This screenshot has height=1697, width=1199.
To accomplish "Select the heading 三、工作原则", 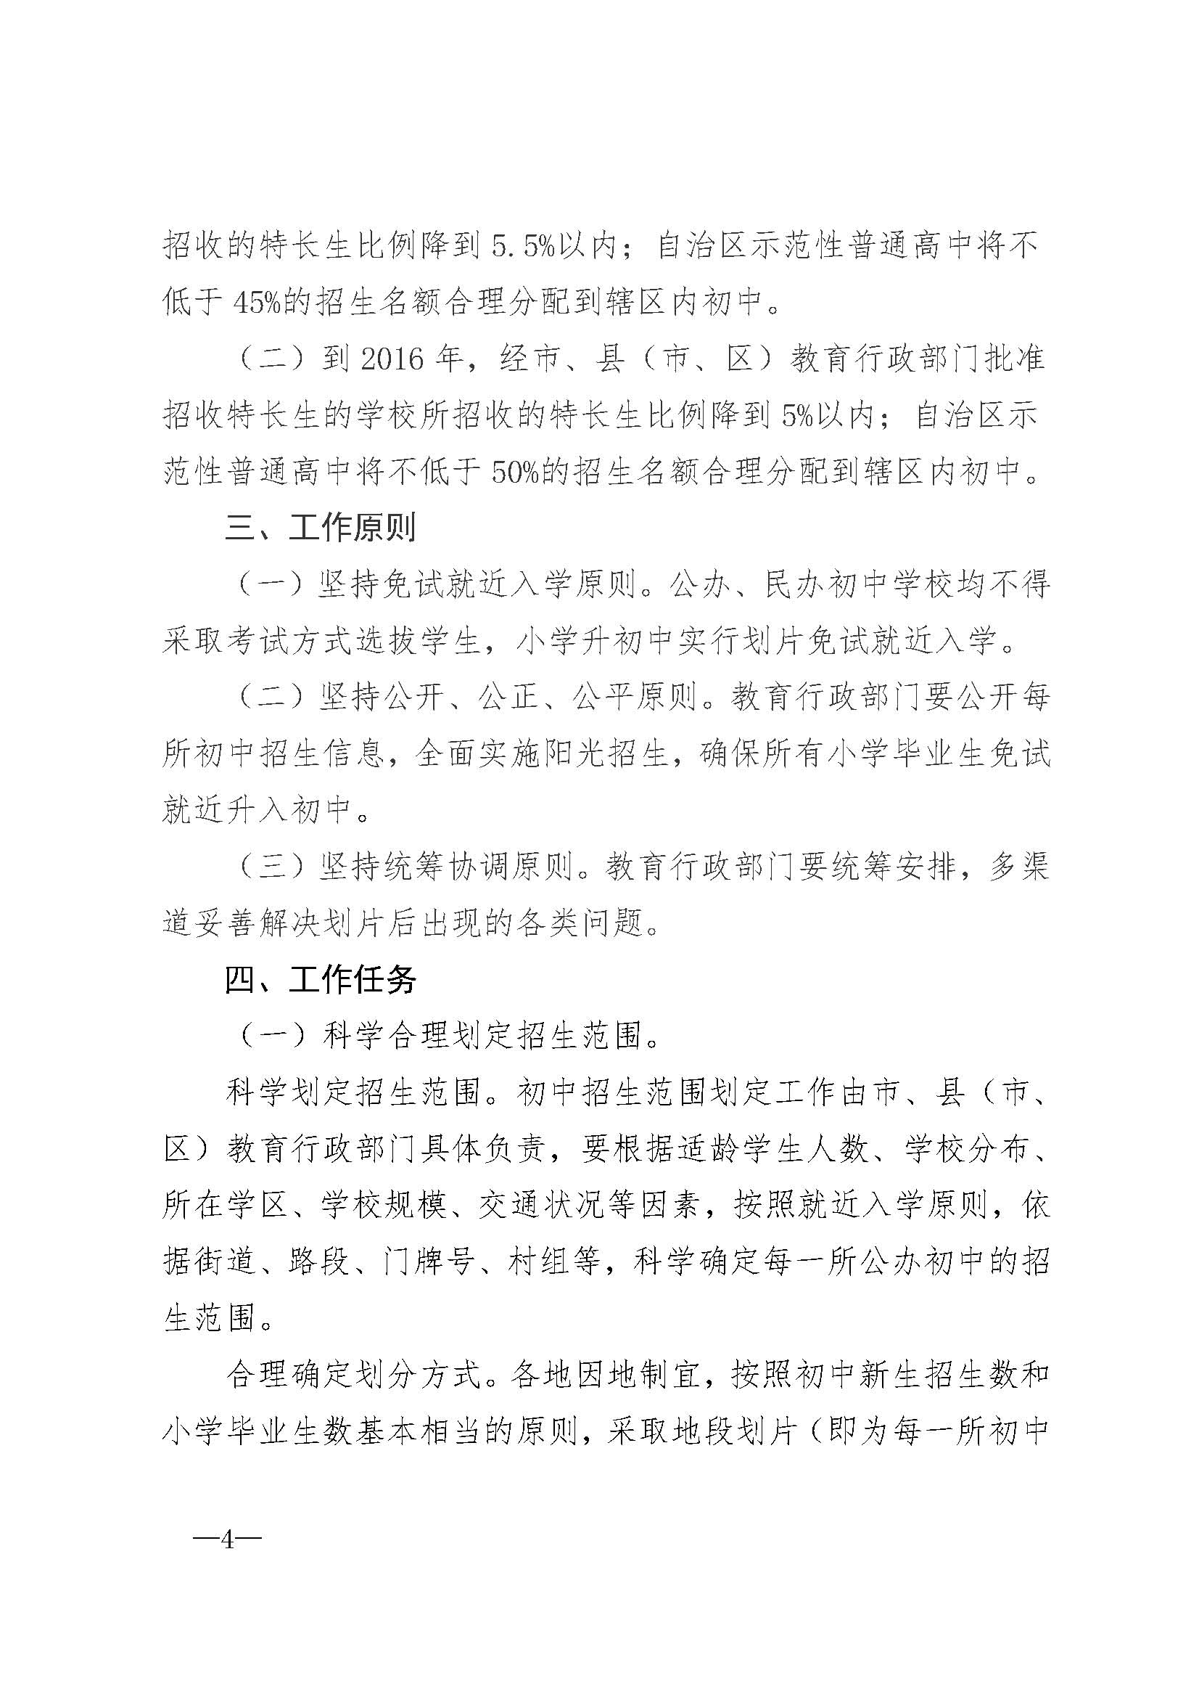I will coord(321,528).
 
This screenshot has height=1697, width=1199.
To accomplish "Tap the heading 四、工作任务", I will coord(321,980).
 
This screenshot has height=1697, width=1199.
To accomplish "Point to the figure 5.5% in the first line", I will coord(524,245).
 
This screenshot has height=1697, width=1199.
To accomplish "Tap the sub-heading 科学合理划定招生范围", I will coord(482,1036).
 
